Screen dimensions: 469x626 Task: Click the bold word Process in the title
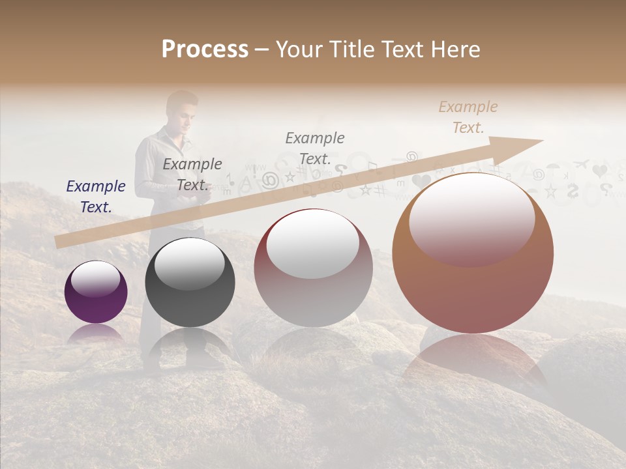point(205,50)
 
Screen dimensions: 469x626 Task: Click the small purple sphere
point(96,292)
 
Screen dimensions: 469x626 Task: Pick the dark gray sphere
point(190,283)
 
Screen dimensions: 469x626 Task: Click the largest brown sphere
point(473,254)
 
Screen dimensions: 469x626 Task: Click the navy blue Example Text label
point(96,196)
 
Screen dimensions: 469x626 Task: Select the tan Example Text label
point(468,117)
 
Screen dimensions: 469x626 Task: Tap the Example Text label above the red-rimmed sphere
point(315,148)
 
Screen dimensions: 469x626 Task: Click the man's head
point(181,108)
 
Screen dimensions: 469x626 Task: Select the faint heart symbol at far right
point(600,171)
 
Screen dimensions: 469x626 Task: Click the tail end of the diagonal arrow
point(59,242)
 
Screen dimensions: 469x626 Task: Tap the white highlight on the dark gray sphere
point(189,264)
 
